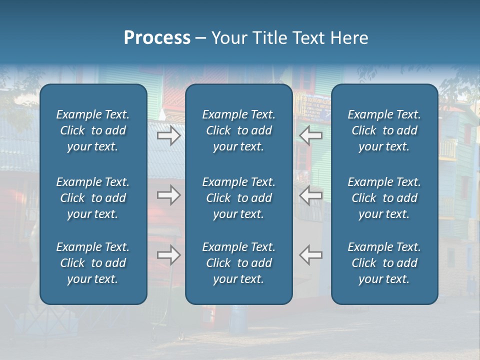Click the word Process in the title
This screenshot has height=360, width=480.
pyautogui.click(x=157, y=38)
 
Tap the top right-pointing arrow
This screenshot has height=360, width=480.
pyautogui.click(x=169, y=135)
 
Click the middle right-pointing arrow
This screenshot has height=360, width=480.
pyautogui.click(x=169, y=195)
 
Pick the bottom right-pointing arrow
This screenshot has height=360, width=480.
pyautogui.click(x=169, y=255)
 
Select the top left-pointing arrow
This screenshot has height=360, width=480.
pyautogui.click(x=310, y=135)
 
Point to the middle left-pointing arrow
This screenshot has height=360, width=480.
pyautogui.click(x=310, y=195)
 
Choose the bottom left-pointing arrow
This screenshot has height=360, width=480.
pyautogui.click(x=310, y=255)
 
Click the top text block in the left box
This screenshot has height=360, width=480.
pyautogui.click(x=93, y=130)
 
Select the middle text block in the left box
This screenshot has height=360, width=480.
pyautogui.click(x=93, y=198)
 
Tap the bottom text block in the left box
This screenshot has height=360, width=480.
pyautogui.click(x=93, y=263)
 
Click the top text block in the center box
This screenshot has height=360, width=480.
pyautogui.click(x=239, y=130)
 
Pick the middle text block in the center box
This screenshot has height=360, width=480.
pyautogui.click(x=239, y=198)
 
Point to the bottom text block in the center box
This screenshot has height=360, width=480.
pyautogui.click(x=239, y=263)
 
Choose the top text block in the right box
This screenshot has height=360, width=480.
pyautogui.click(x=384, y=130)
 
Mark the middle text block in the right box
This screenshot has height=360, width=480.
pyautogui.click(x=384, y=198)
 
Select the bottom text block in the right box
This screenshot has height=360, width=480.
pyautogui.click(x=384, y=263)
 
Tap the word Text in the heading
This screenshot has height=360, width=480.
pyautogui.click(x=308, y=38)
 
